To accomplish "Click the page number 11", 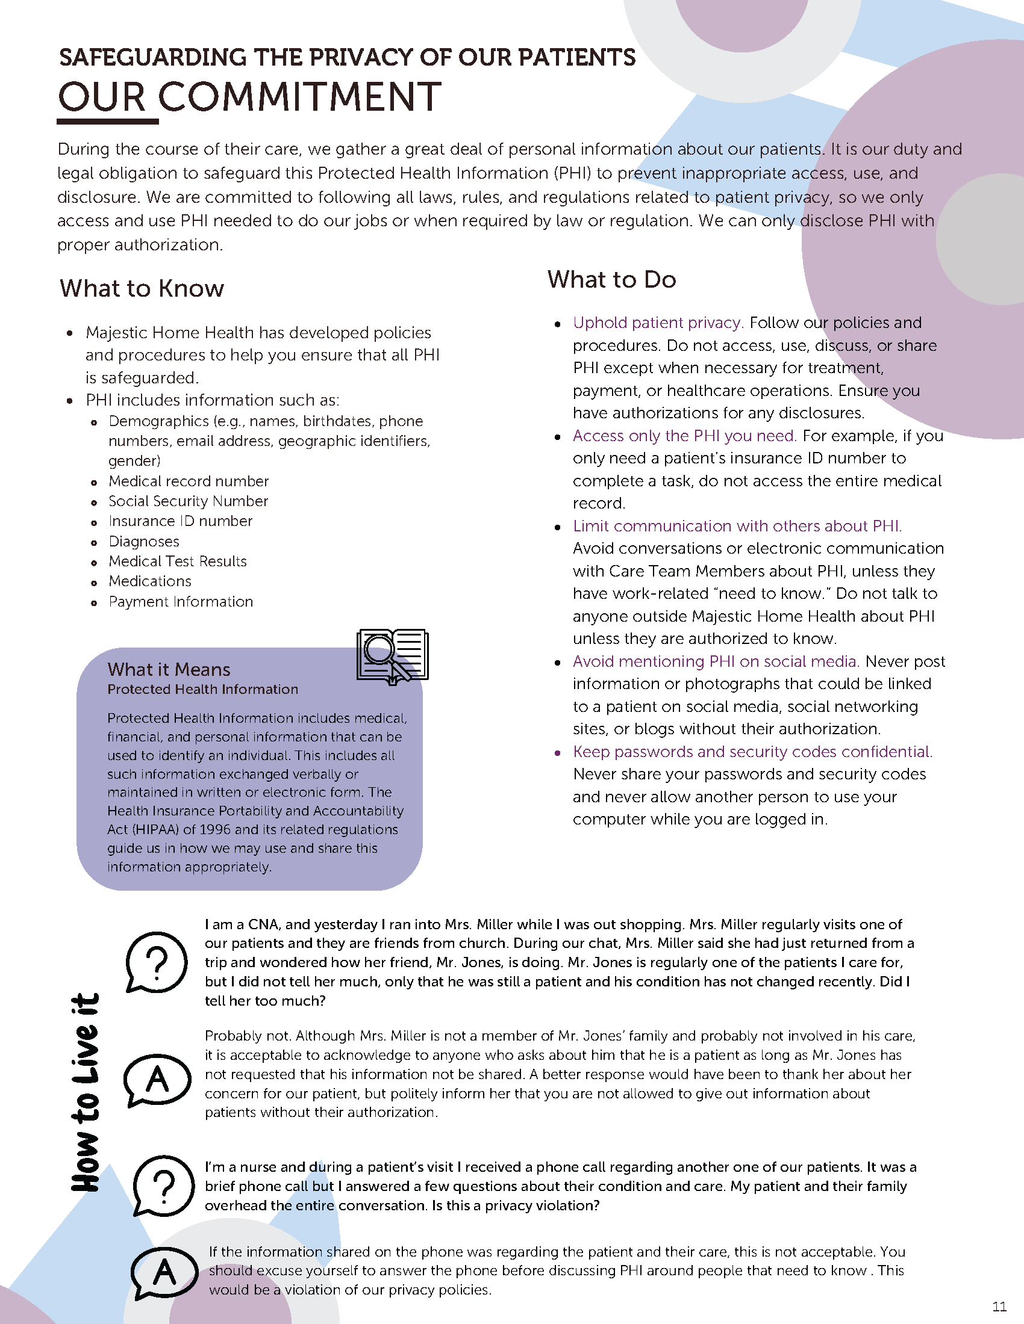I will (x=999, y=1306).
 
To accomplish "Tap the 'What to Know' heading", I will (x=142, y=288).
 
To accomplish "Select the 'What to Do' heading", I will (x=611, y=279).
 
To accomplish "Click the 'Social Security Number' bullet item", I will (x=188, y=501).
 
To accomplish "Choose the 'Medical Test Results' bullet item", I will (x=177, y=561).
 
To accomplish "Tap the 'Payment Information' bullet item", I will (x=180, y=602).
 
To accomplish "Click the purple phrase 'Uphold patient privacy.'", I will (x=658, y=323).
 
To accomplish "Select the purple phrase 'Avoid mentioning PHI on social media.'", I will (x=716, y=661).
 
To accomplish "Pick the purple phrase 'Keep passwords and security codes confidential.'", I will (x=752, y=752).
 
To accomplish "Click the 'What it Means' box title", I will (x=169, y=669).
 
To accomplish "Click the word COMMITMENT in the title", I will (x=301, y=97).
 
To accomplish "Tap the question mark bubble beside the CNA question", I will (x=157, y=962).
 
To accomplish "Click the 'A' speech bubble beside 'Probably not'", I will (x=157, y=1079).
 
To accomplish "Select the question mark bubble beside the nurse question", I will (x=163, y=1184).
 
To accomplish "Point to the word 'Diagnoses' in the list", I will (x=144, y=542).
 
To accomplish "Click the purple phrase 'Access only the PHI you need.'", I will (x=684, y=436).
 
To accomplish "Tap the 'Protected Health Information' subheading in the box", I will (x=202, y=689).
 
